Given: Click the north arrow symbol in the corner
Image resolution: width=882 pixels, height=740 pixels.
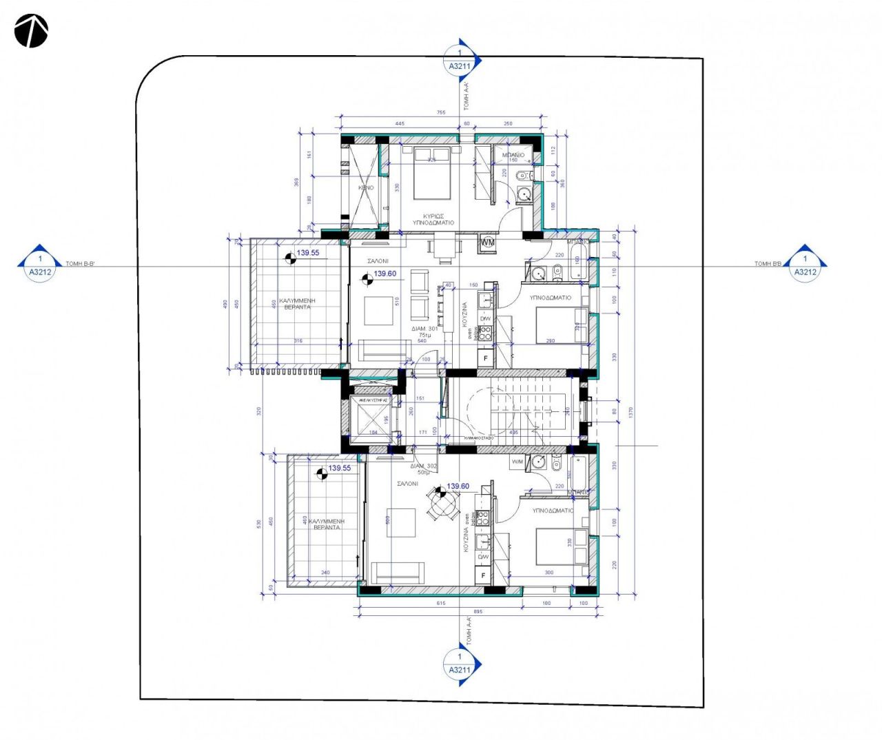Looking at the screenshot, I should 31,32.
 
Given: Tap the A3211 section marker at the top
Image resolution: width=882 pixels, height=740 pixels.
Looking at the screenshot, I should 460,61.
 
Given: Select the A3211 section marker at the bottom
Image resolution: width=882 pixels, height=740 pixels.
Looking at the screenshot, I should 460,664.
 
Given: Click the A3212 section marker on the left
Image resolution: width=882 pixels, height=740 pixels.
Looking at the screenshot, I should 40,265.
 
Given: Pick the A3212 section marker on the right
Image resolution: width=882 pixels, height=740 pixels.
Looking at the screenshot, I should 805,265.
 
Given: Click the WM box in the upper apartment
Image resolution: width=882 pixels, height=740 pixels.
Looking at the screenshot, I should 488,243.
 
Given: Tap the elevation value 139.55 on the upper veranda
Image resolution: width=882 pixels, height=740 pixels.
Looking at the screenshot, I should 307,253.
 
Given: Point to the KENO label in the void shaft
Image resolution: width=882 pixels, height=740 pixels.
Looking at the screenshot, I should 366,187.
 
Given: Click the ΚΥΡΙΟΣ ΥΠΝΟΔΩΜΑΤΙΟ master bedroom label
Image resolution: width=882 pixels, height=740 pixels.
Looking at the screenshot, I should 433,219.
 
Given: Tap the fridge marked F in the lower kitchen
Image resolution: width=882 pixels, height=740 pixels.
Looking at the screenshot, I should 484,575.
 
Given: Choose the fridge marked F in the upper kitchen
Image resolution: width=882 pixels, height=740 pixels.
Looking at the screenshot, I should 485,358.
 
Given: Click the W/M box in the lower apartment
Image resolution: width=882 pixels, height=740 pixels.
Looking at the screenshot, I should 517,462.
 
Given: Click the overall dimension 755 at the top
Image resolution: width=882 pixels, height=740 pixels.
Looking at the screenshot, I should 441,112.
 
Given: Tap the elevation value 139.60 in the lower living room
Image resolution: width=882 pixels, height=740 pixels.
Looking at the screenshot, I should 458,486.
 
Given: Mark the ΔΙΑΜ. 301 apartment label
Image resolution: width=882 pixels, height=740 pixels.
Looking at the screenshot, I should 424,329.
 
